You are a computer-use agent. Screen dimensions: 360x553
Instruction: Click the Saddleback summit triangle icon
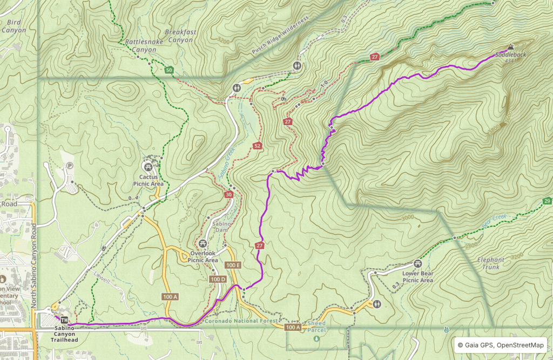pos(510,47)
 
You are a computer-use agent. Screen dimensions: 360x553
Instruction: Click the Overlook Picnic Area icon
pos(203,244)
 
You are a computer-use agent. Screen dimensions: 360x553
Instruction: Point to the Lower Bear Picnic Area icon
pos(417,264)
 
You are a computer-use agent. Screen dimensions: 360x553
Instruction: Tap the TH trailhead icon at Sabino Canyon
pos(64,319)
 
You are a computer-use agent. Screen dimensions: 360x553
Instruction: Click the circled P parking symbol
pos(69,166)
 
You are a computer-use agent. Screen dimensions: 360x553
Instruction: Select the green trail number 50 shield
pos(169,70)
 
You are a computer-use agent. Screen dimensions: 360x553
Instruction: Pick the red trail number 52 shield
pos(257,146)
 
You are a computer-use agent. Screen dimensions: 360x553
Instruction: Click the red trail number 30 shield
pos(229,194)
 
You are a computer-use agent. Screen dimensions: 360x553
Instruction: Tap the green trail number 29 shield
pos(547,201)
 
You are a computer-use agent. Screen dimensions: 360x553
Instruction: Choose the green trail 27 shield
pos(375,57)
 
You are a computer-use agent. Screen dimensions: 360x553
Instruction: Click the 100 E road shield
pos(233,266)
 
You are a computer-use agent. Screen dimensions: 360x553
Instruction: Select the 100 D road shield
pos(218,279)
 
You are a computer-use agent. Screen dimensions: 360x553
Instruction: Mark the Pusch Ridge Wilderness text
pos(280,35)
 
